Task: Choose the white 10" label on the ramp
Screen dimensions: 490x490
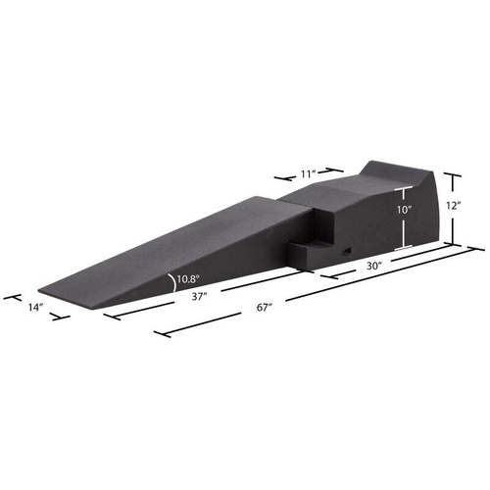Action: point(404,209)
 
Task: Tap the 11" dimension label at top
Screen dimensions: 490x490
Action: point(310,173)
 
